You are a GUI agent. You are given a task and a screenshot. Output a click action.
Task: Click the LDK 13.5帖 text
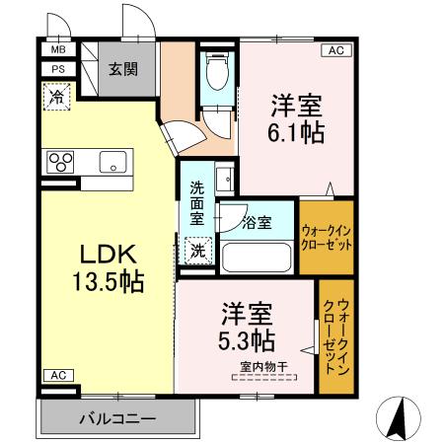click(x=103, y=267)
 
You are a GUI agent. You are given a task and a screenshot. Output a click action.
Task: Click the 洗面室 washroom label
click(x=196, y=202)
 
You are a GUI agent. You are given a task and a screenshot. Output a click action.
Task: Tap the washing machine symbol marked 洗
click(x=197, y=250)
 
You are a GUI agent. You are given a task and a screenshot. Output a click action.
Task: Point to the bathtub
click(x=259, y=256)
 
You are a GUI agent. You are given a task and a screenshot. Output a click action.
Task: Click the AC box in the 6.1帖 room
click(x=334, y=50)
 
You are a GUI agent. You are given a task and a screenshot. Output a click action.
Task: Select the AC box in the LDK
click(x=56, y=375)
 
